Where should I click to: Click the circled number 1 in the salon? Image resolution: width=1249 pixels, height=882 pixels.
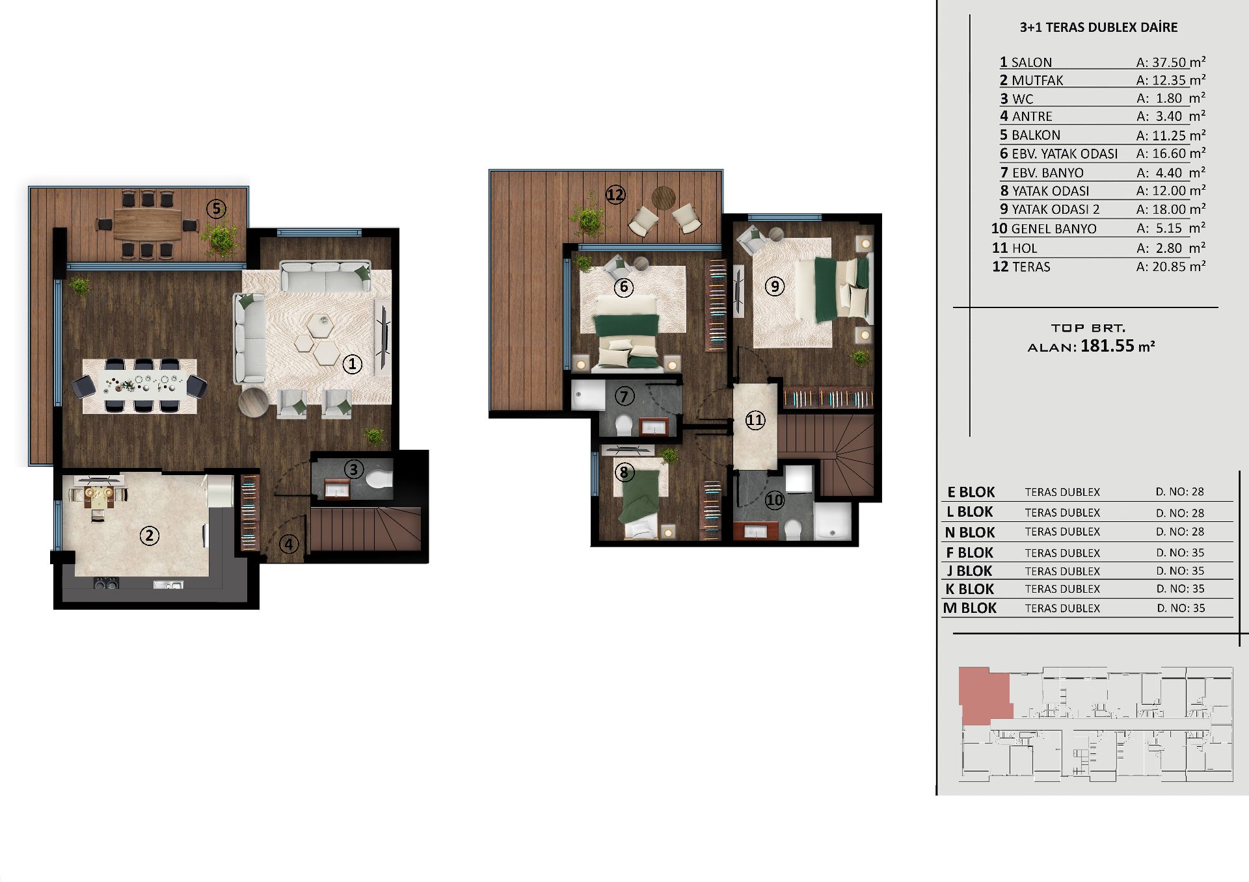pos(352,364)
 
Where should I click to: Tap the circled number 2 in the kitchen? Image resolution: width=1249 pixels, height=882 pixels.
pos(150,536)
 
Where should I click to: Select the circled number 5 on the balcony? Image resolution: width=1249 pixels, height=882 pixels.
pos(216,209)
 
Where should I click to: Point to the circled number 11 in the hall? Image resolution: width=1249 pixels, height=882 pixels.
pos(755,420)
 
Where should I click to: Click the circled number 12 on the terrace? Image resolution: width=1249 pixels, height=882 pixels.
pos(615,194)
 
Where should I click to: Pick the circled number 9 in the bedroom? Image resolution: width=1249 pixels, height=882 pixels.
pos(774,286)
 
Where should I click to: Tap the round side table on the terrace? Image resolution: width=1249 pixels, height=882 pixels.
pos(664,198)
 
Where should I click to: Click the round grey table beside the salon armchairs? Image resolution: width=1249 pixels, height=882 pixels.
pos(253,402)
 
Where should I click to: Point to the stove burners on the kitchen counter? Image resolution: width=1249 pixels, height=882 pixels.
pos(106,584)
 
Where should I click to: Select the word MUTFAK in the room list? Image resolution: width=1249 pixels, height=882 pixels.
pos(1038,81)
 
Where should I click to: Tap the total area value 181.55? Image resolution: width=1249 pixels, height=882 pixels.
pos(1107,346)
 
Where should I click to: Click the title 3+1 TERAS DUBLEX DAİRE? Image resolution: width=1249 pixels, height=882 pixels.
pos(1099,27)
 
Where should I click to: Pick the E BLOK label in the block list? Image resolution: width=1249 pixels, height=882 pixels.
pos(971,492)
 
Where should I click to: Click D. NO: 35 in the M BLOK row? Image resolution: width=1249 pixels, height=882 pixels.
pos(1181,608)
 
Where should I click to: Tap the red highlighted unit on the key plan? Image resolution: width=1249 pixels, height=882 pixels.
pos(984,694)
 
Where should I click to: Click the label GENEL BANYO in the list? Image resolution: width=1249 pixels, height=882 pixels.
pos(1054,229)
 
